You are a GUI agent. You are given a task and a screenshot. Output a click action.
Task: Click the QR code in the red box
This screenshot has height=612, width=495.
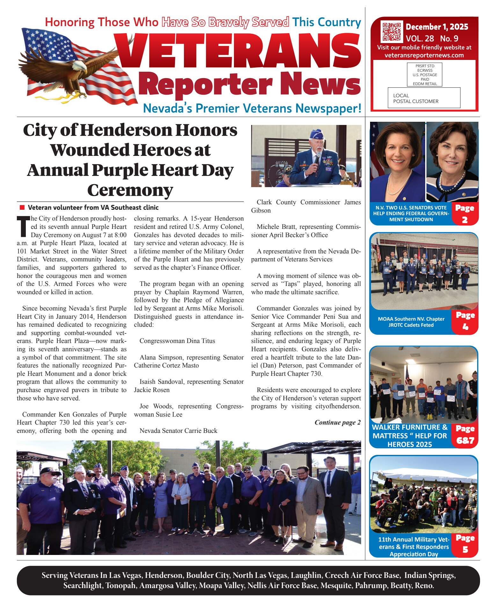point(392,32)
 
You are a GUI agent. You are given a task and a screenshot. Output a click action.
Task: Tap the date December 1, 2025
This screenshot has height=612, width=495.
point(437,27)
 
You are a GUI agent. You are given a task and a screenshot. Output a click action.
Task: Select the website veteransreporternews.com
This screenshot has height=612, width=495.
point(424,55)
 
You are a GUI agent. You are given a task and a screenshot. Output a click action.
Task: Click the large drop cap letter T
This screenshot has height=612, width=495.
point(23,226)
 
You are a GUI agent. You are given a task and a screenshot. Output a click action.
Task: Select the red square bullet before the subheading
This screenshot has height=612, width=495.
point(22,208)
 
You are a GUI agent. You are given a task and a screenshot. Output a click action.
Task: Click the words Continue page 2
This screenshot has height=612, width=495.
point(338,422)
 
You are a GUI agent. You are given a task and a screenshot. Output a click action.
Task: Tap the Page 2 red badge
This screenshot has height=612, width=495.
point(465,214)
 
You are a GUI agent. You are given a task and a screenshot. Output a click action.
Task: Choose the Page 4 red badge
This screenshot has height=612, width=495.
point(465,321)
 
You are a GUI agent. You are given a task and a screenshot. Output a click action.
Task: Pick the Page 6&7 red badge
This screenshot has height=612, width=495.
point(465,434)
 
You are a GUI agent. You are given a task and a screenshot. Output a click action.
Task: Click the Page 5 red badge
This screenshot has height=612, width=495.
point(465,543)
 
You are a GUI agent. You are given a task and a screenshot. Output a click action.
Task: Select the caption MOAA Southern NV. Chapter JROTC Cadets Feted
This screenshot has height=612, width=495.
point(411,322)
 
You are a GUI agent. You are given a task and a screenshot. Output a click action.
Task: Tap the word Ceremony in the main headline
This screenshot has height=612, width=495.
point(130,190)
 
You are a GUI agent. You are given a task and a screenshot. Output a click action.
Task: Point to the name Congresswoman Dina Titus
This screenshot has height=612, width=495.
point(177,341)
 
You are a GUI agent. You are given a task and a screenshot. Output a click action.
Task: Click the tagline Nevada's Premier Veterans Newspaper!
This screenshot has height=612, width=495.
point(252,108)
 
